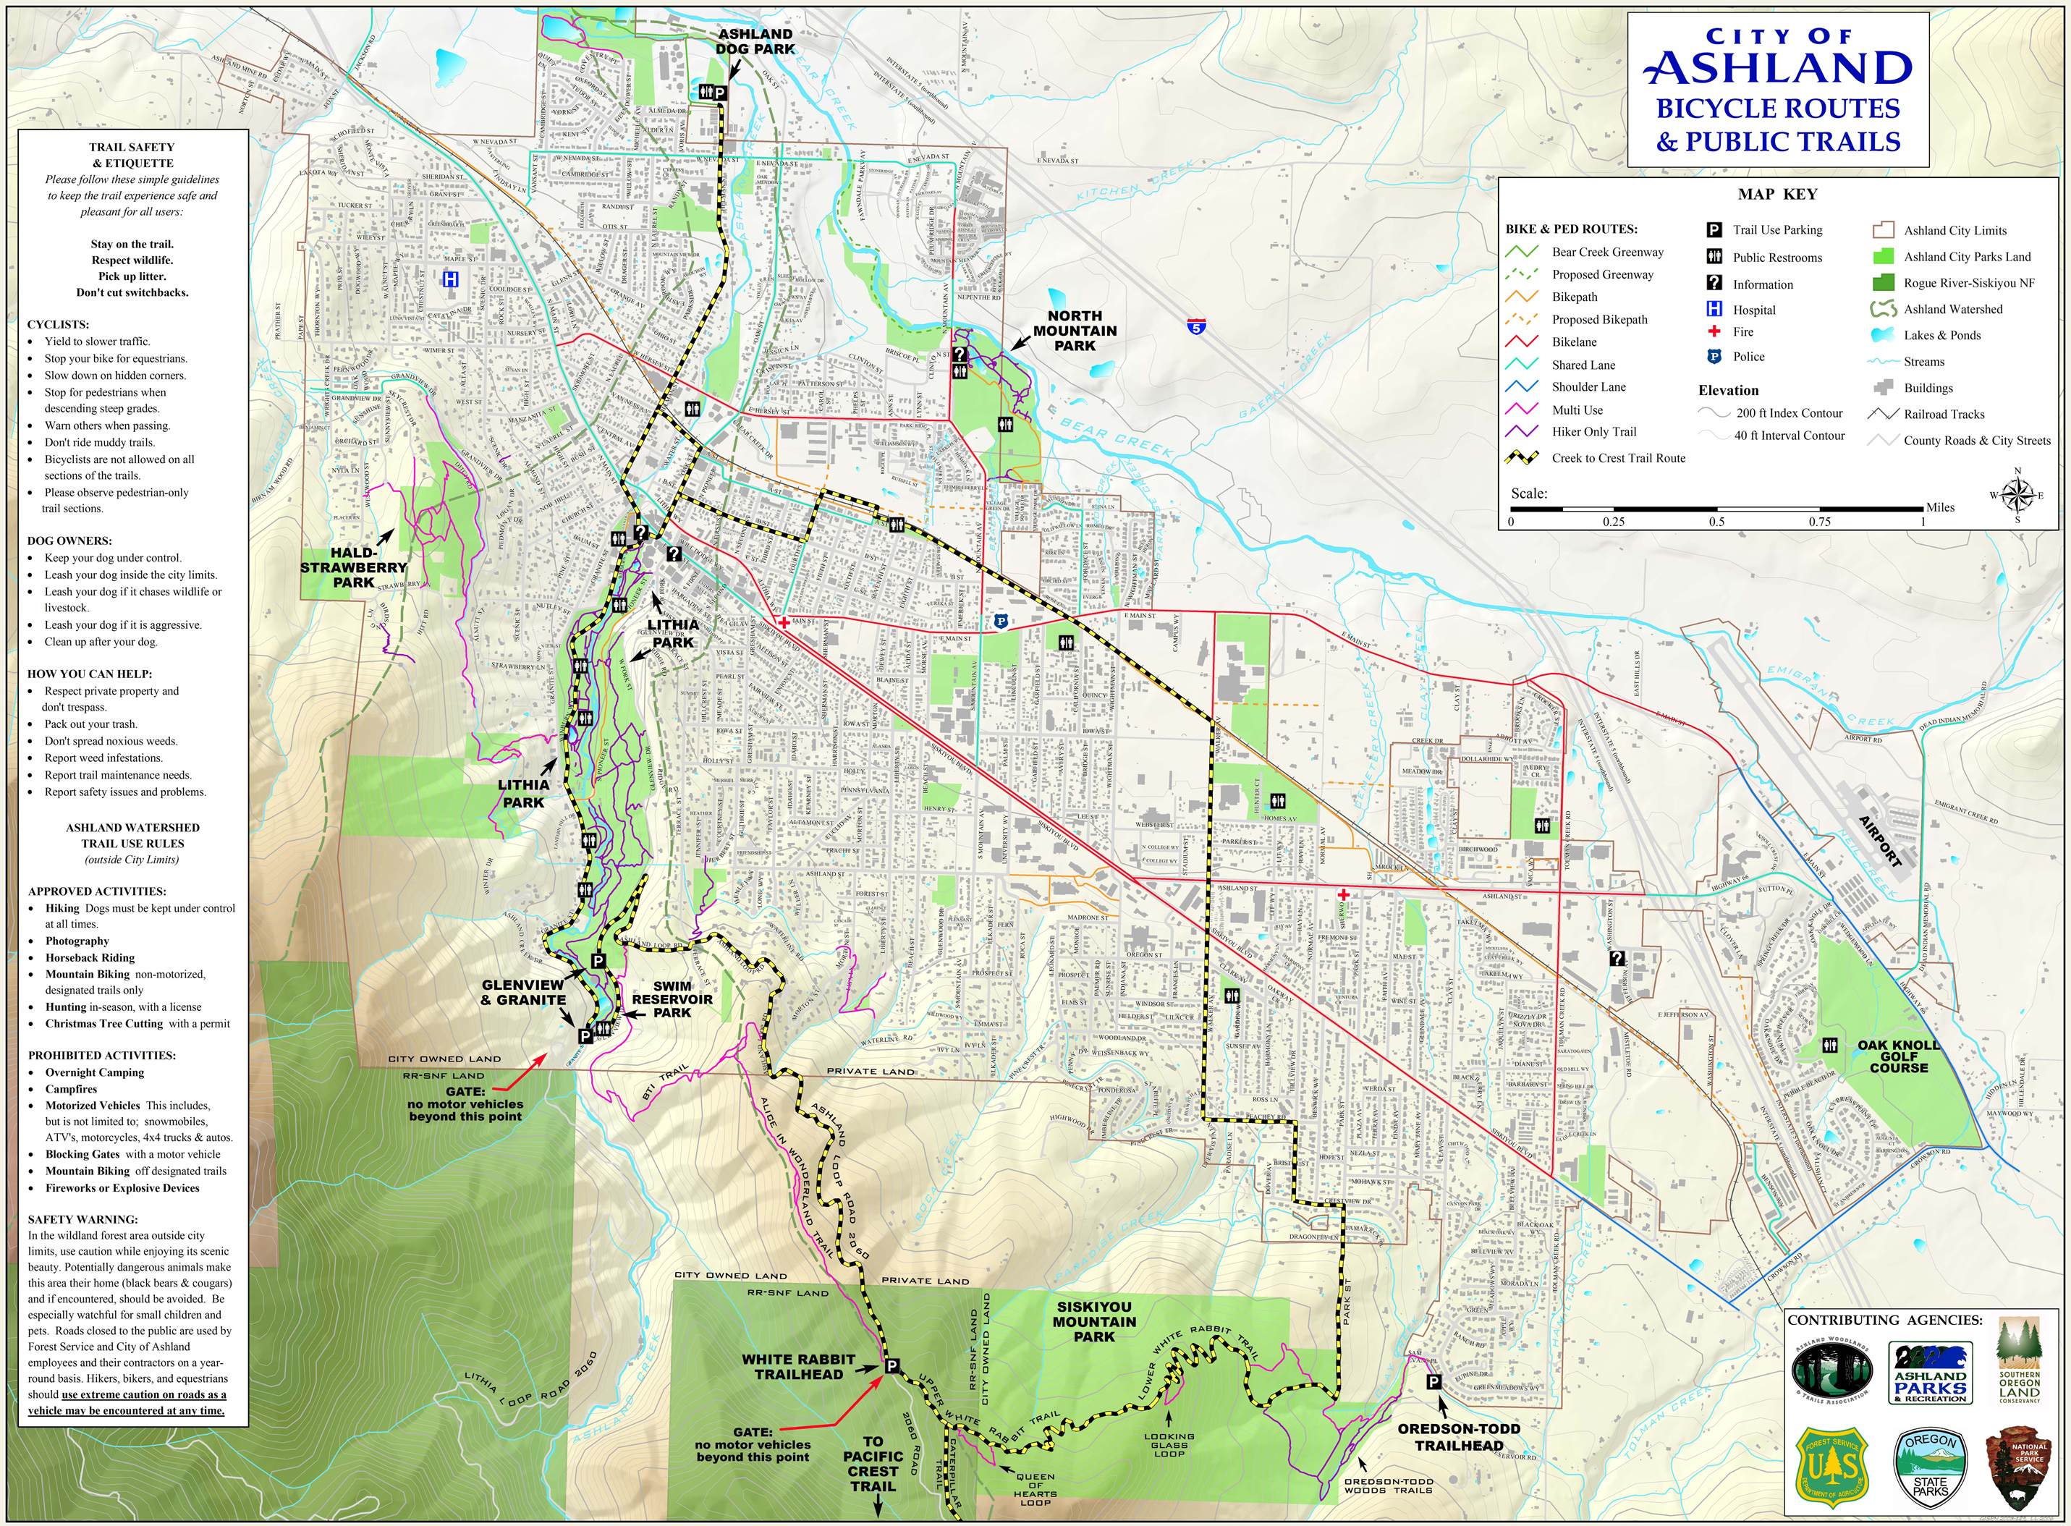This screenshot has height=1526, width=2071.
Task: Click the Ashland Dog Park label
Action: pos(755,41)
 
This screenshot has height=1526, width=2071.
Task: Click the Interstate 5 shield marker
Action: pos(1196,326)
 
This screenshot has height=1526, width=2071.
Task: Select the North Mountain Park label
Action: pos(1075,331)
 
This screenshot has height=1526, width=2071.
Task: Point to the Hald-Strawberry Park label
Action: pos(354,567)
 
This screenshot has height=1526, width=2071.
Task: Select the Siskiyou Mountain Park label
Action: pos(1093,1321)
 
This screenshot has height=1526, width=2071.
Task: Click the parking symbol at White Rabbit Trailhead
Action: pos(891,1366)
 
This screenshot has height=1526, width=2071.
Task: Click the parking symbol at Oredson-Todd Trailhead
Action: pos(1433,1382)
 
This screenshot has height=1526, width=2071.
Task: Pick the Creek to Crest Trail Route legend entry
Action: pos(1617,458)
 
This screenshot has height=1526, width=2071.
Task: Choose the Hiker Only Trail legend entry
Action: pos(1593,431)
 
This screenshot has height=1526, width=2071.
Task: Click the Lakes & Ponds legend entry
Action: pos(1941,335)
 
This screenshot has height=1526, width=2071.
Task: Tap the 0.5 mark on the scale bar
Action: pos(1716,521)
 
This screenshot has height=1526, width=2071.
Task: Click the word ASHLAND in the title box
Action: pos(1778,68)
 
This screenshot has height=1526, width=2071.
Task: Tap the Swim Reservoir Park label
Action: pos(672,999)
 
